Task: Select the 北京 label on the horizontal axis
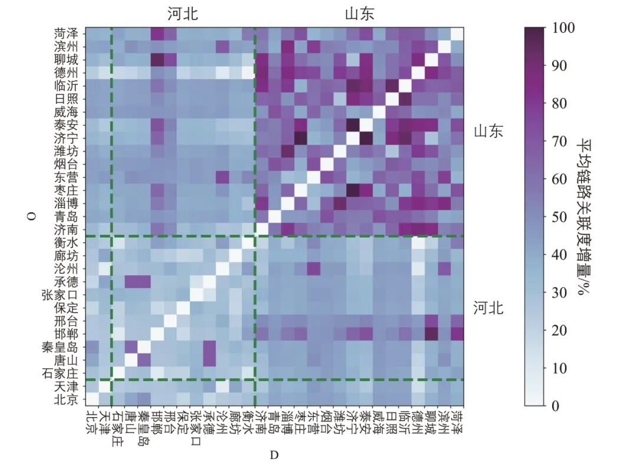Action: [91, 421]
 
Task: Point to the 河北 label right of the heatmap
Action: [488, 307]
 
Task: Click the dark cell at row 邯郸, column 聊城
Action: [431, 333]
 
